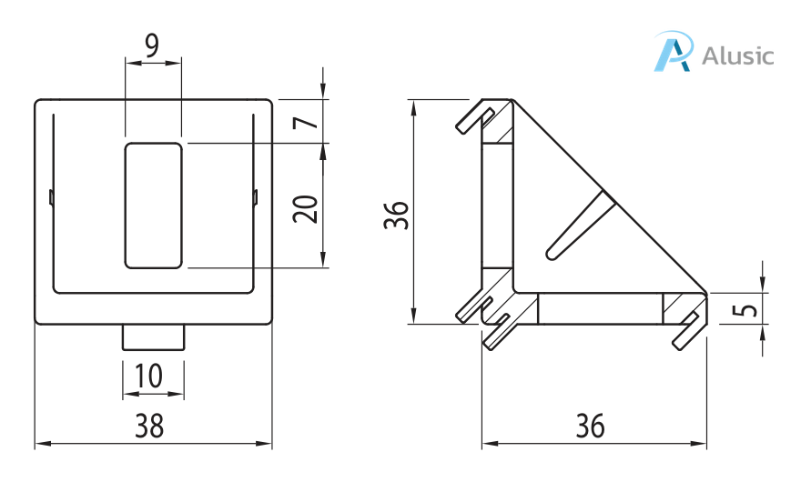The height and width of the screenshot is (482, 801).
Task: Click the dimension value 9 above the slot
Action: pos(152,45)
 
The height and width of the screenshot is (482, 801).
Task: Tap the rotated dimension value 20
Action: pos(305,209)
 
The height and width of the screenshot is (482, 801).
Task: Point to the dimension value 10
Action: pos(152,375)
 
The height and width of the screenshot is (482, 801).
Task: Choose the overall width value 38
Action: pos(152,424)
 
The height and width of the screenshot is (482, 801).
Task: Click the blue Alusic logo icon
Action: pos(674,52)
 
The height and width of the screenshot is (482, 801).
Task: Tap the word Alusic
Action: pos(738,55)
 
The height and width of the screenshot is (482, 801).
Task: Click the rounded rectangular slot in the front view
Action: pos(153,206)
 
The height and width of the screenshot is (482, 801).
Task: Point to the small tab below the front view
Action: pos(154,336)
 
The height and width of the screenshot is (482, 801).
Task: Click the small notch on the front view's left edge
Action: pos(51,197)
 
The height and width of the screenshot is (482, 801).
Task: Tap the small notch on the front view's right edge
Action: pos(256,197)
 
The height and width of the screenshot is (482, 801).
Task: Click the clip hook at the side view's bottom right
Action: pos(688,331)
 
